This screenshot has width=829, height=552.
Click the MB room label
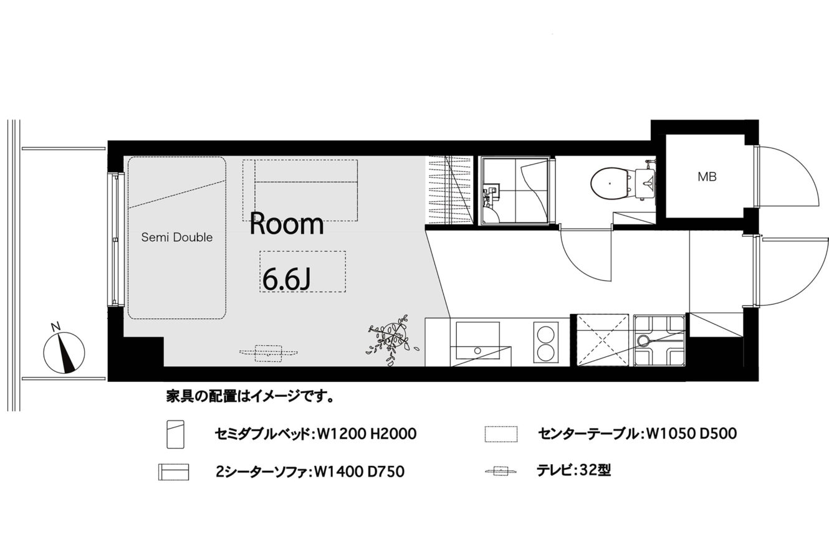pos(707,177)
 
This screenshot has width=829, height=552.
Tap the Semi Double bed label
pos(177,237)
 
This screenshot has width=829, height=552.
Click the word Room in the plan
pos(287,223)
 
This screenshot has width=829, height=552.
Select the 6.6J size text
pos(286,281)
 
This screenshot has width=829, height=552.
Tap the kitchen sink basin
pos(477,340)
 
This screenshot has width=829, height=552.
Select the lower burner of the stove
pos(545,353)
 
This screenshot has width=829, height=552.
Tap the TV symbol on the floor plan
pos(268,353)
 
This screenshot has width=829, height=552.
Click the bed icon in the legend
pos(175,434)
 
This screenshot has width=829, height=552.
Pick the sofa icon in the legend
pos(173,472)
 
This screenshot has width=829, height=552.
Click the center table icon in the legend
pos(501,434)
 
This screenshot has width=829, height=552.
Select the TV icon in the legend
pos(501,472)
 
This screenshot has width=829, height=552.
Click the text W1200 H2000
pos(367,434)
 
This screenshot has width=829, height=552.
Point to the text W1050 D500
pos(691,433)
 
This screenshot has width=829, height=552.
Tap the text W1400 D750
pos(359,472)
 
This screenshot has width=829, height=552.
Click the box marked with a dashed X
pos(603,340)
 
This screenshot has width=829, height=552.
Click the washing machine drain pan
pos(659,340)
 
